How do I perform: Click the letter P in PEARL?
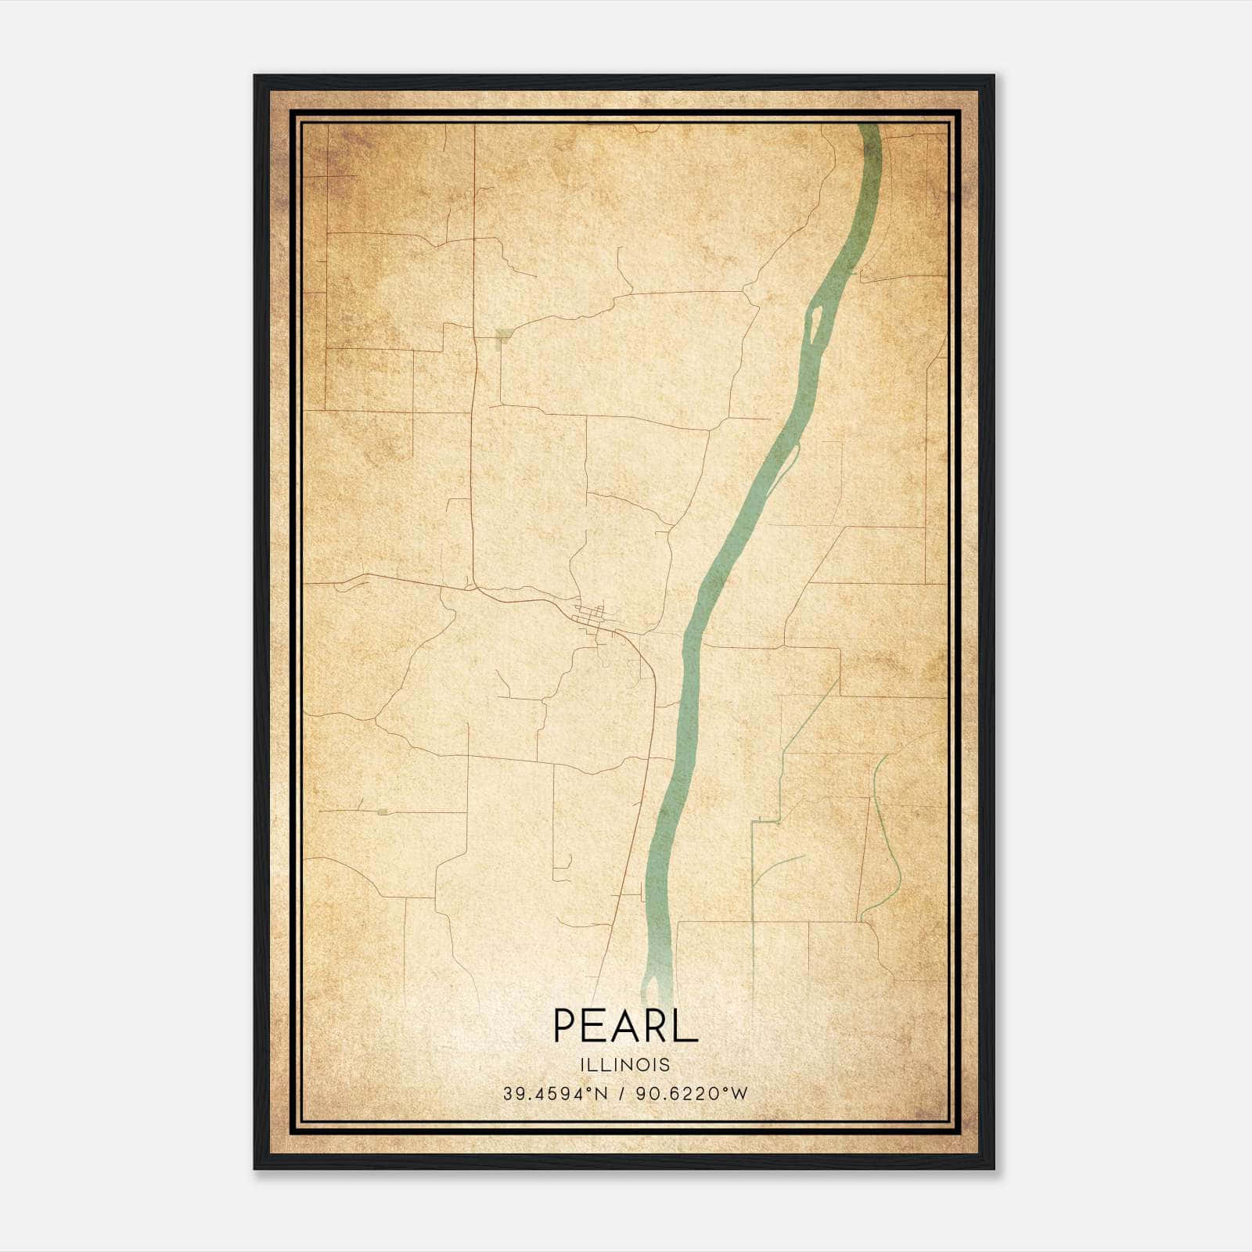565,1025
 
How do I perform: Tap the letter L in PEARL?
685,1025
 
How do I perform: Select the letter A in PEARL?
626,1025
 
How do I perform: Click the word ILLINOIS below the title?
625,1065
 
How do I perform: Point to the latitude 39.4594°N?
556,1094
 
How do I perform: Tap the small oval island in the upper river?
816,320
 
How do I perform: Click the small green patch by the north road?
502,336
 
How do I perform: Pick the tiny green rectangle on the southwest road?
383,812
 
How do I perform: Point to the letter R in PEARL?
657,1025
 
